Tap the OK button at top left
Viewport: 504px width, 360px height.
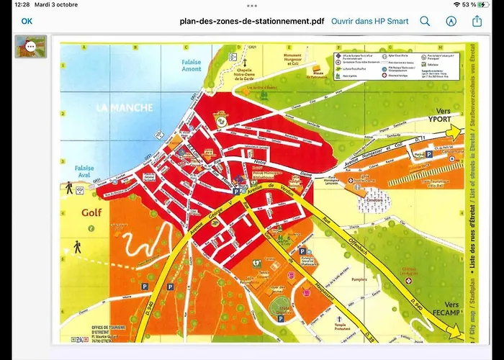(27, 21)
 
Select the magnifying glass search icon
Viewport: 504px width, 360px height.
(425, 22)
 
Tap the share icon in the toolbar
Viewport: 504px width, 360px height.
(477, 21)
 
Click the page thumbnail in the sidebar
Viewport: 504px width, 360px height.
(31, 47)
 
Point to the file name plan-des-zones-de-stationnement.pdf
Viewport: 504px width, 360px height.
(251, 21)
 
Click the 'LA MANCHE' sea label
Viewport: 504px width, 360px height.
(125, 107)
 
